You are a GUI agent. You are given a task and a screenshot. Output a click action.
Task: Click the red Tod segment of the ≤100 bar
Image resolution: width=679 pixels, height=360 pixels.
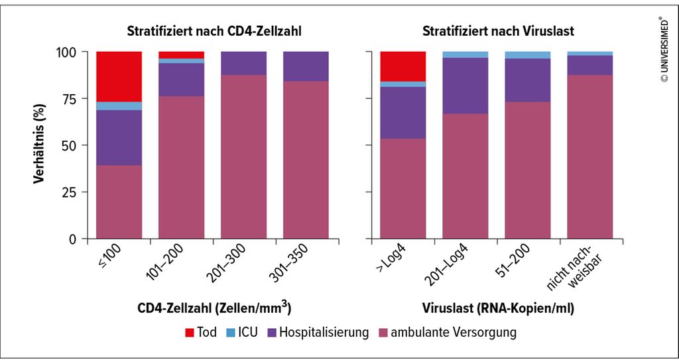pyautogui.click(x=119, y=77)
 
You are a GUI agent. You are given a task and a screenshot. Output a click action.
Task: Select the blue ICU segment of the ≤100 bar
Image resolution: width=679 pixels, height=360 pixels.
pyautogui.click(x=119, y=106)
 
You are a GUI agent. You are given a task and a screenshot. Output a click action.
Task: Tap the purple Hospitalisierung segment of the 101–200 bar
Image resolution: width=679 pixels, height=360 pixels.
pyautogui.click(x=182, y=80)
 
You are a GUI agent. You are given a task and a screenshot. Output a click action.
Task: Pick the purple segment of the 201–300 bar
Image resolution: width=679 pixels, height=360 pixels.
pyautogui.click(x=244, y=63)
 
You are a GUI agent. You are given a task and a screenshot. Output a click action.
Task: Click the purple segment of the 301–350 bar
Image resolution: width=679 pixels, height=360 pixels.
pyautogui.click(x=306, y=66)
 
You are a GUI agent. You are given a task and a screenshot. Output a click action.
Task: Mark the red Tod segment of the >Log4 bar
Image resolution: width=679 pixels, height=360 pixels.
pyautogui.click(x=403, y=66)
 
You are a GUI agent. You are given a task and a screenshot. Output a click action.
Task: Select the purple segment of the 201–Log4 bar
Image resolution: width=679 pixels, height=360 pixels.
pyautogui.click(x=465, y=86)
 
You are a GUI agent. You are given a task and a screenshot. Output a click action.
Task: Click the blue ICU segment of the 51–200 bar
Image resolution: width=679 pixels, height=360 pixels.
pyautogui.click(x=527, y=55)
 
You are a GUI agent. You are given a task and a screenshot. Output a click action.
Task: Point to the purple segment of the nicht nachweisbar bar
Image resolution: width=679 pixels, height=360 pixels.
pyautogui.click(x=589, y=66)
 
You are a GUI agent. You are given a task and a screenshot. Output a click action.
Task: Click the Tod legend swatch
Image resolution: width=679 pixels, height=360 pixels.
pyautogui.click(x=190, y=333)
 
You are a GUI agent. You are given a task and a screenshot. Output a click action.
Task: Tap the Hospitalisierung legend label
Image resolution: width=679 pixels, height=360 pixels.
pyautogui.click(x=324, y=333)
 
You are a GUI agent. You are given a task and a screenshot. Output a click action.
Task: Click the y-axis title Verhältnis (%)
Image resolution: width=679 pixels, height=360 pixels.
pyautogui.click(x=39, y=145)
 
